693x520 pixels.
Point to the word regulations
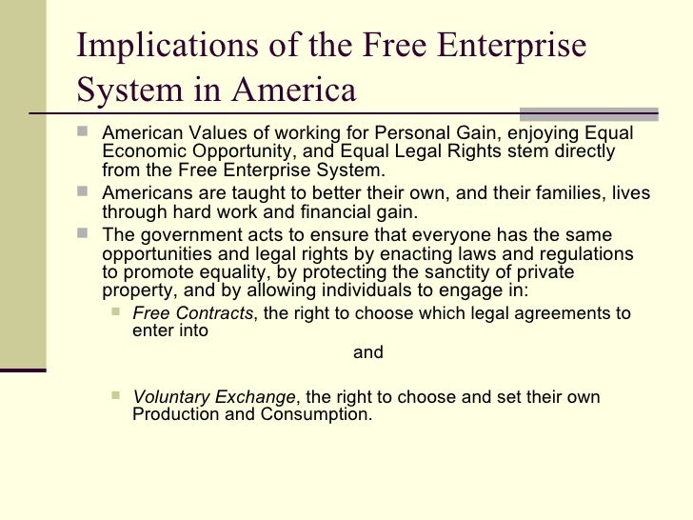[587, 255]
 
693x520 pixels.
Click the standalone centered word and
[367, 353]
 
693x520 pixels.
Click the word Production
[173, 416]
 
